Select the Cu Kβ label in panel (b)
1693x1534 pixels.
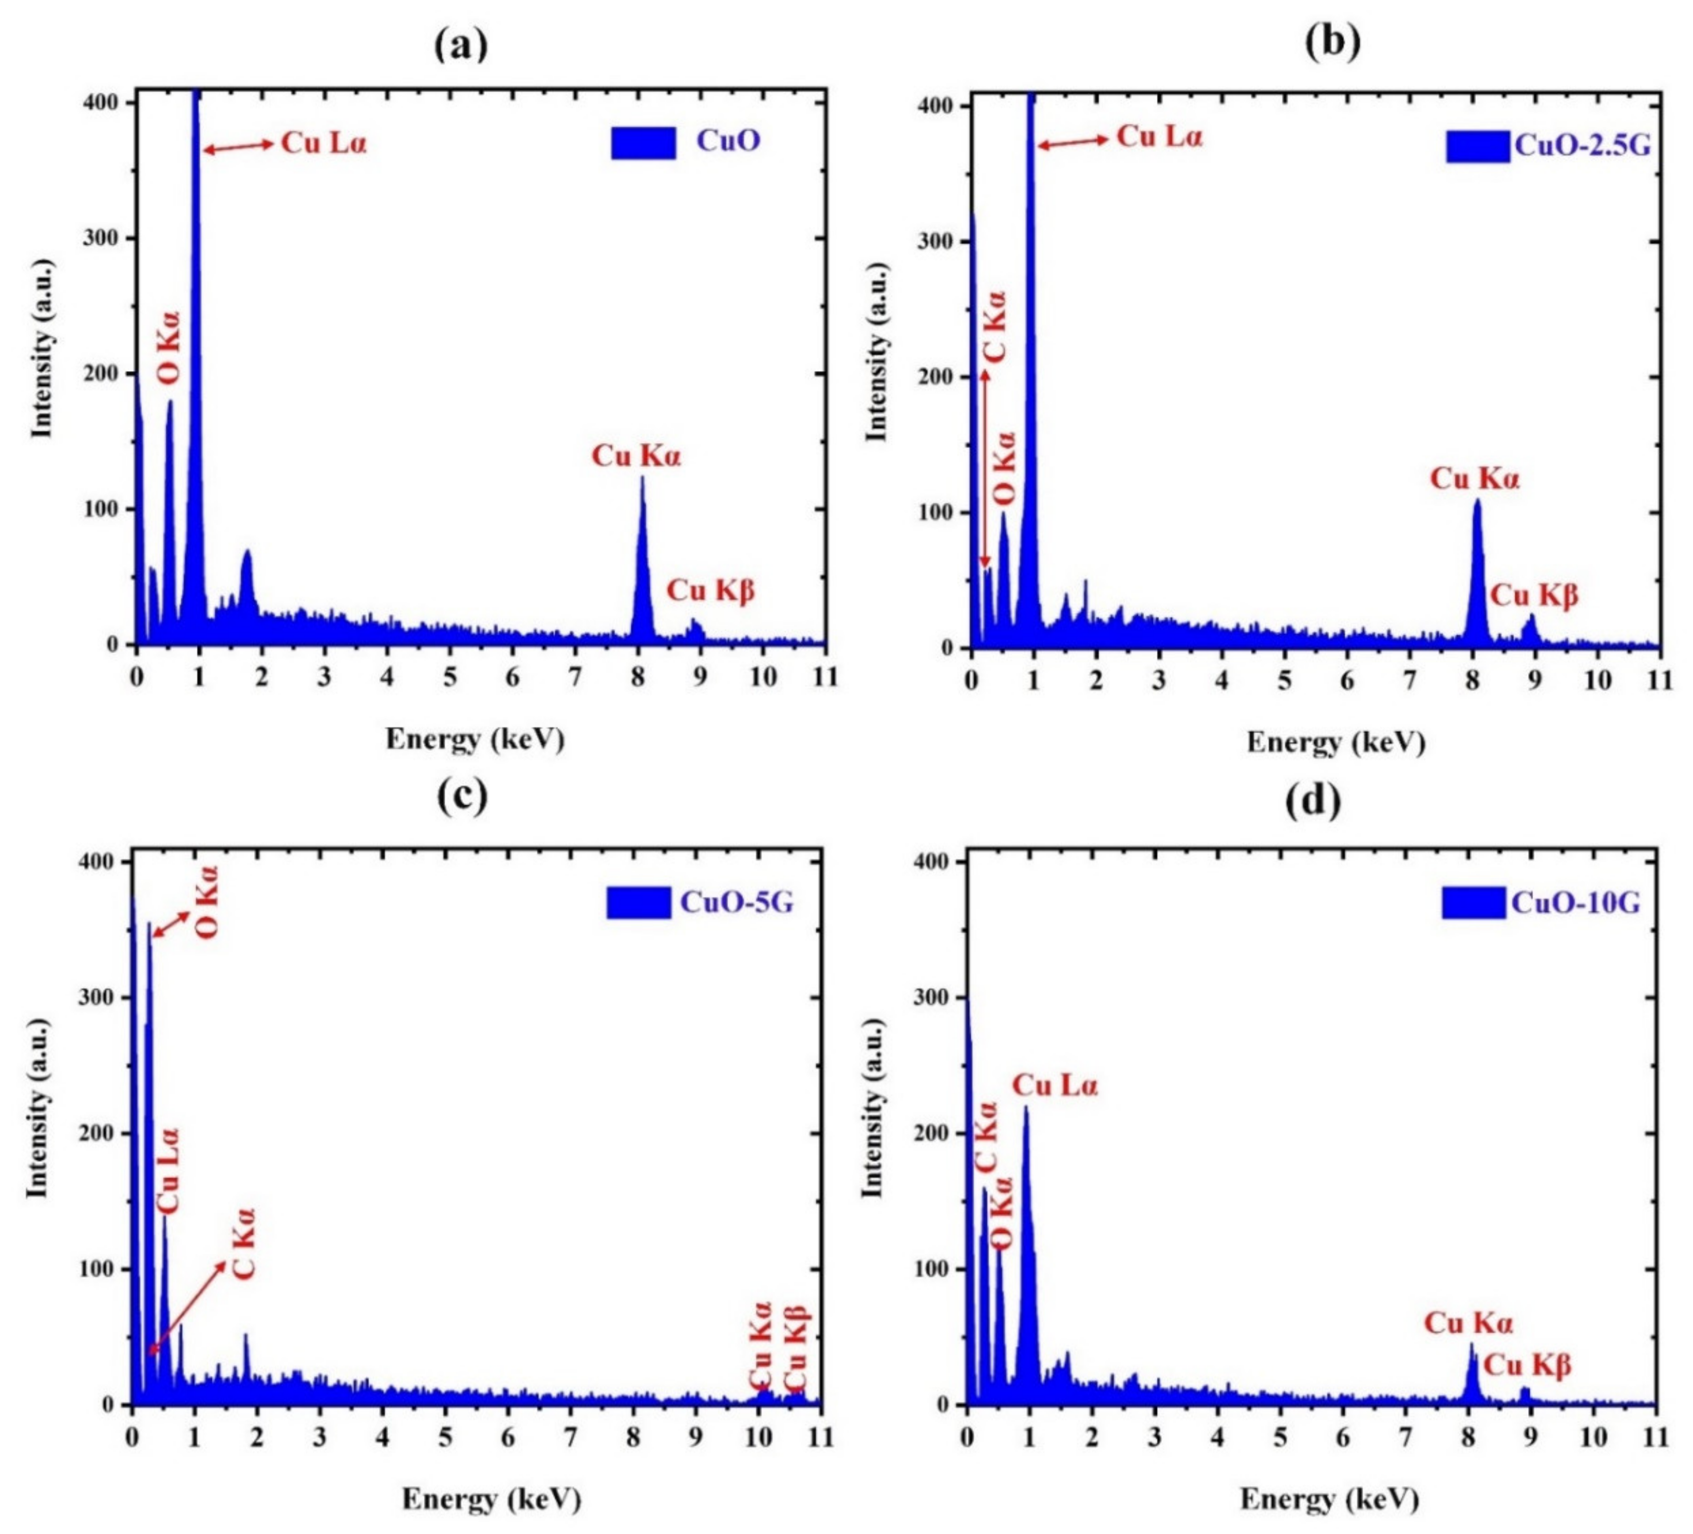(1534, 595)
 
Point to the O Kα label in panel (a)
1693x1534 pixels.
(169, 348)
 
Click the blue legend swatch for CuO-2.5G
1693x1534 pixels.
(1477, 146)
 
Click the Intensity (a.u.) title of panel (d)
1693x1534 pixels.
(873, 1109)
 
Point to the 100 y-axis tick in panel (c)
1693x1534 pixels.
(96, 1268)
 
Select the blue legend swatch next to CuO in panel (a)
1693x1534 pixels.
(643, 143)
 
